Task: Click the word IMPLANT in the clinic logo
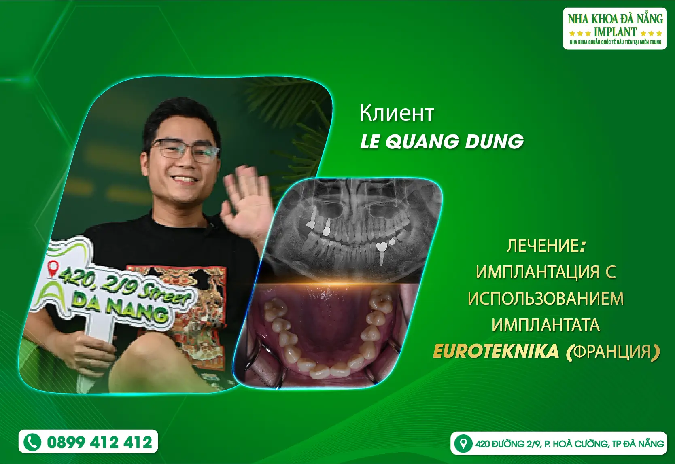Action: click(615, 32)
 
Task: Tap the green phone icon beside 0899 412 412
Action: click(32, 442)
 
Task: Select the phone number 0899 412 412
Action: click(100, 442)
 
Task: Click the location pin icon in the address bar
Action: click(463, 443)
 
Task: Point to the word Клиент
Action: click(397, 113)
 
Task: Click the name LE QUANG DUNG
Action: click(442, 141)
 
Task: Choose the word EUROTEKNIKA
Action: click(496, 351)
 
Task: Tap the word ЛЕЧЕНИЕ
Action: click(543, 246)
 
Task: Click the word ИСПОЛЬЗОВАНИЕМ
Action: click(546, 298)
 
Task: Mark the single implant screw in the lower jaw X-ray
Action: click(382, 253)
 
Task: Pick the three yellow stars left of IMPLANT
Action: click(580, 33)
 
